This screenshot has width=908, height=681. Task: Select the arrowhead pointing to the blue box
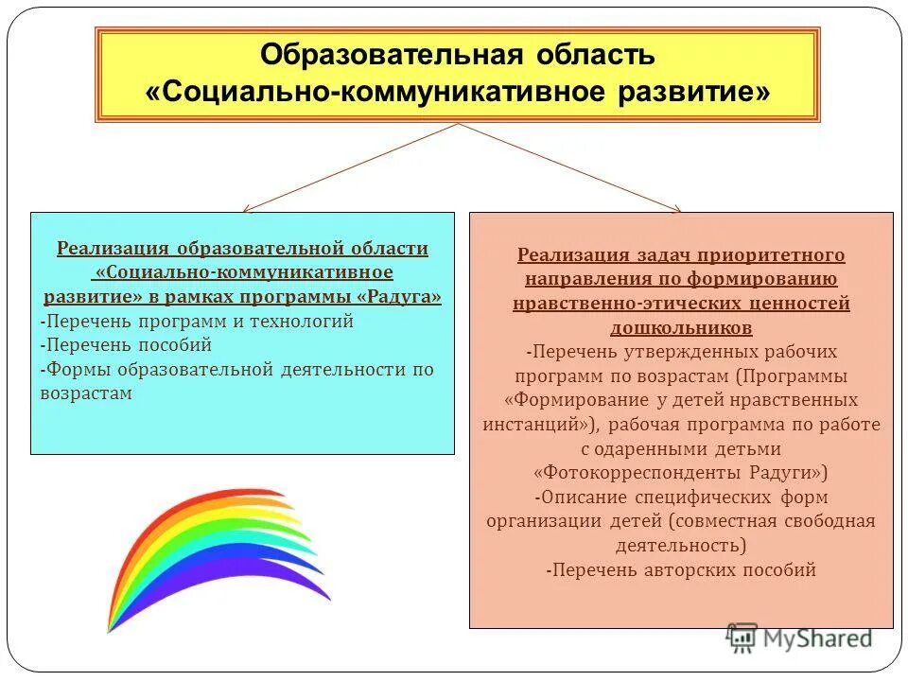[248, 208]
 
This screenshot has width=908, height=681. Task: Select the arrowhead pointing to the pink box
[674, 208]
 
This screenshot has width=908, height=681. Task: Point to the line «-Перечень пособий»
[126, 345]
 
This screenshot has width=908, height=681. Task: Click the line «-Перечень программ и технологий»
[197, 322]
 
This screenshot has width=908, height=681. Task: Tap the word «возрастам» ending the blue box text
[86, 393]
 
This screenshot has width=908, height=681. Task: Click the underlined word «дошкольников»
[681, 328]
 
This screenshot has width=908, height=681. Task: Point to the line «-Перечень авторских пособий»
[681, 570]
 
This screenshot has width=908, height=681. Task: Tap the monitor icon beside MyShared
[742, 637]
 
